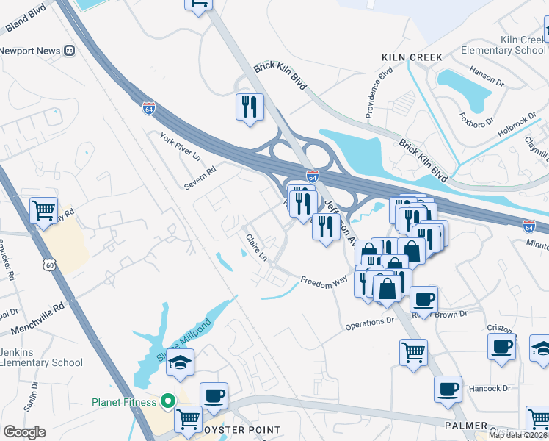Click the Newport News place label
tap(29, 51)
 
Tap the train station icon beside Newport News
tap(70, 51)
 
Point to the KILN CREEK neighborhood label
tap(412, 57)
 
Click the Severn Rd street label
tap(200, 177)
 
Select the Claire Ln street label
tap(256, 248)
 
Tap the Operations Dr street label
tap(370, 322)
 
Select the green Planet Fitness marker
tap(167, 402)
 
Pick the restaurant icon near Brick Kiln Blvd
tap(250, 107)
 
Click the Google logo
tap(25, 431)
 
